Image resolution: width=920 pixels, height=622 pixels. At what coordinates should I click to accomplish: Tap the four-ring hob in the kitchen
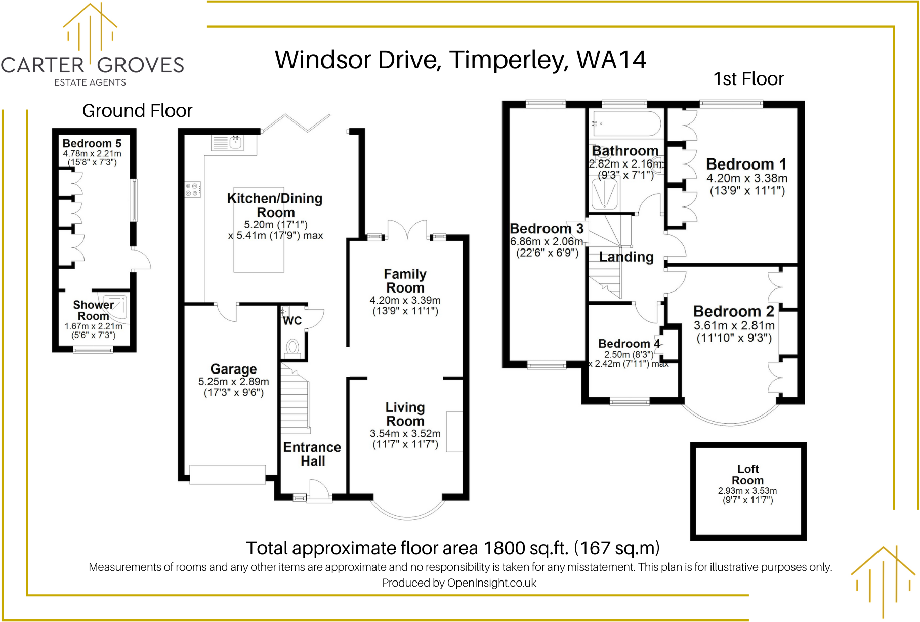tap(192, 190)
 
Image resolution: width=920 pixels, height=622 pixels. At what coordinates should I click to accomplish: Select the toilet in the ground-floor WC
tap(292, 347)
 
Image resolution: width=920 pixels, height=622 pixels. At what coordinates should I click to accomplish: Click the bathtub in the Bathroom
tap(625, 123)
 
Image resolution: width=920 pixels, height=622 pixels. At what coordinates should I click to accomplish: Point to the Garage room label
tap(233, 369)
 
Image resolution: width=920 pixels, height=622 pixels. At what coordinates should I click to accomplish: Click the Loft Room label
tap(747, 475)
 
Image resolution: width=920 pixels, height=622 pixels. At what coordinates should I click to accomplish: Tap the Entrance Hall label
tap(312, 454)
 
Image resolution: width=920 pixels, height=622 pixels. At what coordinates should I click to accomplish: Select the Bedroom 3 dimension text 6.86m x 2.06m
tap(547, 242)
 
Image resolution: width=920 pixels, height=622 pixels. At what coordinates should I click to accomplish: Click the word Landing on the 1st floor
tap(626, 257)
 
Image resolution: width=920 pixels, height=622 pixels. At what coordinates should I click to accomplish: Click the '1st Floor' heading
tap(748, 79)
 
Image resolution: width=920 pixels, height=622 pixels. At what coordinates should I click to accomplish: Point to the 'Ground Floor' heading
tap(137, 111)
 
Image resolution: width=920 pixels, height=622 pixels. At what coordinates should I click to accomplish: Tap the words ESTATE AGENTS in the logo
tap(90, 82)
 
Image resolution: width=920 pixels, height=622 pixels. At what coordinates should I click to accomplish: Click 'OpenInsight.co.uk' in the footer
tap(491, 583)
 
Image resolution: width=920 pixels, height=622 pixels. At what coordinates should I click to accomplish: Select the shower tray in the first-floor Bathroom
tap(605, 193)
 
